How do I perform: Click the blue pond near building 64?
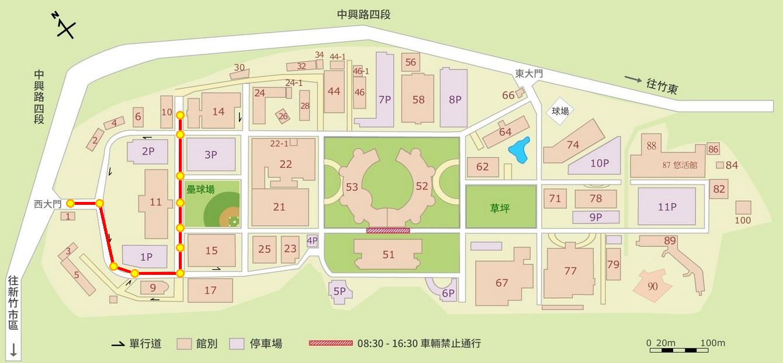pyautogui.click(x=519, y=149)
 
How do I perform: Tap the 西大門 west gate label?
pyautogui.click(x=47, y=204)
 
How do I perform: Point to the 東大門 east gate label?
pyautogui.click(x=529, y=74)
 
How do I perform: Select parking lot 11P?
pyautogui.click(x=667, y=207)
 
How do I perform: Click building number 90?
pyautogui.click(x=653, y=286)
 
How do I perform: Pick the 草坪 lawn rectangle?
pyautogui.click(x=500, y=207)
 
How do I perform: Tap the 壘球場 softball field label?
pyautogui.click(x=200, y=190)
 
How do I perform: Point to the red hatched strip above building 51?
pyautogui.click(x=388, y=231)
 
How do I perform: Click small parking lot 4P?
pyautogui.click(x=312, y=240)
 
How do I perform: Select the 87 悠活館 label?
pyautogui.click(x=680, y=165)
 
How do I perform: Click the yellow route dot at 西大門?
pyautogui.click(x=70, y=203)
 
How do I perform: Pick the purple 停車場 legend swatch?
pyautogui.click(x=237, y=343)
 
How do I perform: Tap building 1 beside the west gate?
pyautogui.click(x=68, y=216)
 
